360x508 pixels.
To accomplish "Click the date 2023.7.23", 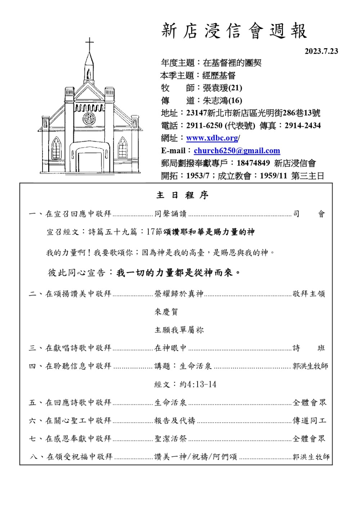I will point(321,51).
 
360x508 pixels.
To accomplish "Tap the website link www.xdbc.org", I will point(212,138).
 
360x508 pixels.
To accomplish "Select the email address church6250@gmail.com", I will point(237,151).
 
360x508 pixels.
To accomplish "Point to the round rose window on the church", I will point(89,118).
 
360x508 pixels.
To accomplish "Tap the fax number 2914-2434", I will point(302,126).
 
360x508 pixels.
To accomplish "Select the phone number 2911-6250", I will point(204,126).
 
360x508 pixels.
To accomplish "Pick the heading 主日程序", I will point(182,195).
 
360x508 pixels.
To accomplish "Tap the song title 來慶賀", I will point(166,312).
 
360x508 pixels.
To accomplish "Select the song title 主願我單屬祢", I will point(179,330).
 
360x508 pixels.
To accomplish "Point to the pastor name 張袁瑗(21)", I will point(222,88).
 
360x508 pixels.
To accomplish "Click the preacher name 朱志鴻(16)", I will point(222,100).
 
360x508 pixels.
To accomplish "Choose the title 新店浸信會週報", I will point(234,31).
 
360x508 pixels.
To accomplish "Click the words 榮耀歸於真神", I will point(179,294).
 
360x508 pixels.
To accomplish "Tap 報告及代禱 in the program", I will point(175,420).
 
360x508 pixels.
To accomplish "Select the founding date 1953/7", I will point(198,176).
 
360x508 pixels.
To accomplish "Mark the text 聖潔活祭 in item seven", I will point(171,438).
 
